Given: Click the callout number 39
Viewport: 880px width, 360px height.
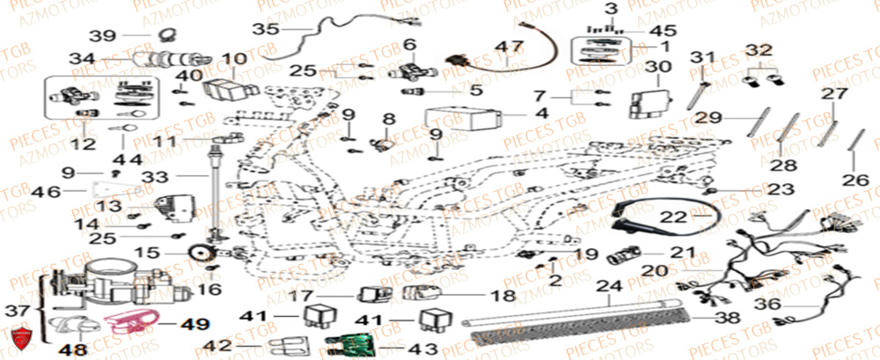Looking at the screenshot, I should [103, 35].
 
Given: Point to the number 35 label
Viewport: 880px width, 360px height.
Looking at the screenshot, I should [264, 28].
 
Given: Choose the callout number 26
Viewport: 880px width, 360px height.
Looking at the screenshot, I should [852, 182].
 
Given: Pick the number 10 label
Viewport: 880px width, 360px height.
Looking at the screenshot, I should [234, 60].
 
